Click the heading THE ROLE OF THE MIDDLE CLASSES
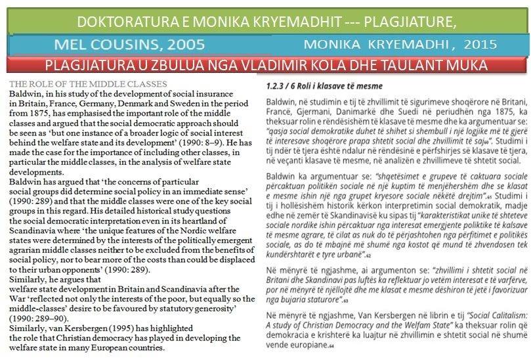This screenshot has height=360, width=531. click(87, 83)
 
